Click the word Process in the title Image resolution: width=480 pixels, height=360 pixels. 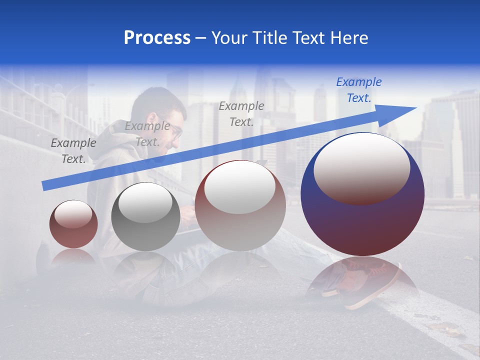[x=157, y=37]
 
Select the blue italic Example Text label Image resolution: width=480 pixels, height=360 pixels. [x=359, y=90]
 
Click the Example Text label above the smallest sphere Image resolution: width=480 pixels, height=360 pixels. [x=73, y=150]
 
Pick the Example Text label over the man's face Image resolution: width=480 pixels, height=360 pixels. [x=147, y=134]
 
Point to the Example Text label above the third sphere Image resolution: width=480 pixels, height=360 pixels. [x=241, y=113]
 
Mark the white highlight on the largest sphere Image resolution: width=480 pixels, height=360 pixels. [x=361, y=166]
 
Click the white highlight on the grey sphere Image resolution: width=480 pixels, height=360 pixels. [x=145, y=202]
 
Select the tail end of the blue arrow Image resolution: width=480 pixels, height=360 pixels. [x=46, y=185]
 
